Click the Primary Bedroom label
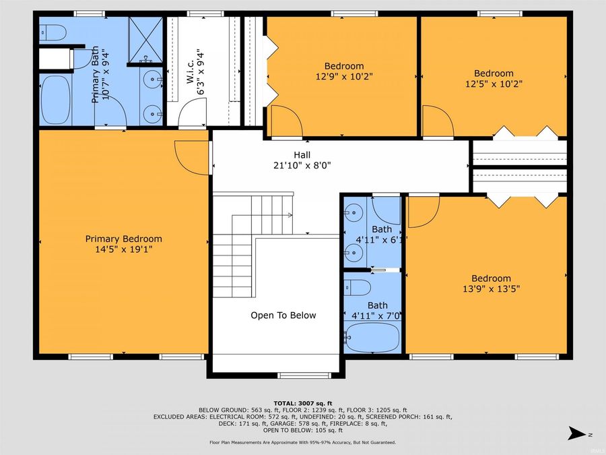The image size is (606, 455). coord(123,239)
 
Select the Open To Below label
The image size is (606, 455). coord(283,315)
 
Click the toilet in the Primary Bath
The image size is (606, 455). coord(51,32)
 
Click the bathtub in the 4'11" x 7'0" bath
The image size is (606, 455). coord(372,336)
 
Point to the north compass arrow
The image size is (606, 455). coord(574,432)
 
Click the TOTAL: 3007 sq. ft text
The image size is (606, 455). coord(302,402)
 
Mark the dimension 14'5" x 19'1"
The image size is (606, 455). coord(123,249)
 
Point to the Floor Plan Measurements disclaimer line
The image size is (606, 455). coord(302,442)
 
